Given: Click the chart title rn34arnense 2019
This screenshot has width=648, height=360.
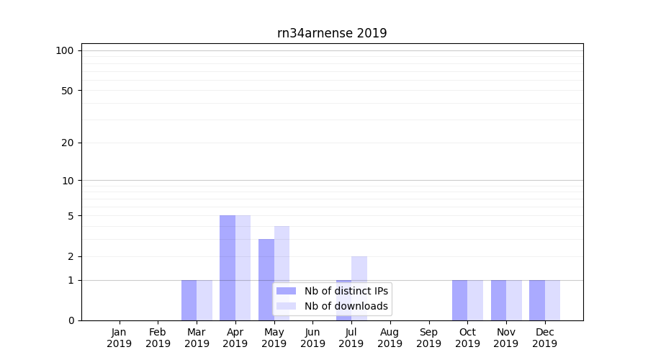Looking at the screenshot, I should (332, 33).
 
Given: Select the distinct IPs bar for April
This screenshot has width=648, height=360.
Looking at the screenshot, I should (228, 268).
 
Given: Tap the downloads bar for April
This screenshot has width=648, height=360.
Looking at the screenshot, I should (243, 268).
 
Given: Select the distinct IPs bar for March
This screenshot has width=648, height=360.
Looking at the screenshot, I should (189, 300).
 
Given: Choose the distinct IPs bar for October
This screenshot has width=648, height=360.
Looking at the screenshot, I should (459, 300).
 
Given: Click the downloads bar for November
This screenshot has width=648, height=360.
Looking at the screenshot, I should (514, 300).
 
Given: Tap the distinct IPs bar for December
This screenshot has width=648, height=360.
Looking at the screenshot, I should (537, 300).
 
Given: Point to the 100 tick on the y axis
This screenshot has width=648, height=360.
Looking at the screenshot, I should (65, 50).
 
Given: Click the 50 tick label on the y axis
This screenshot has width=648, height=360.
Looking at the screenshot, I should (67, 91).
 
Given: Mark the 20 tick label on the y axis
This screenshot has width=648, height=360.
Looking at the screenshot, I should (67, 143).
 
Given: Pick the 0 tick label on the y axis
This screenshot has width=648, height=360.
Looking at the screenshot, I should (71, 320).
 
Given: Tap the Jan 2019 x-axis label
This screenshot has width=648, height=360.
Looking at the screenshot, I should (120, 338).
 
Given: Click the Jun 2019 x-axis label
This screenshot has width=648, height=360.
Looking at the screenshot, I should (312, 338).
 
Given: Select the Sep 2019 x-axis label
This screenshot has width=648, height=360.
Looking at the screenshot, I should (428, 338).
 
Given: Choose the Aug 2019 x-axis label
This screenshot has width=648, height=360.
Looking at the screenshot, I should (390, 338).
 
